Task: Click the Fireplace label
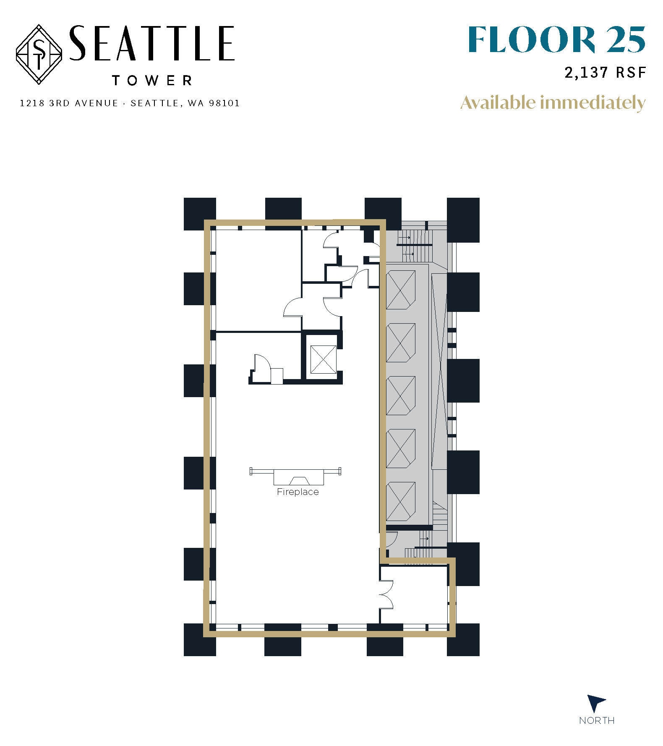298,492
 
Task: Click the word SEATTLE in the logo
151,43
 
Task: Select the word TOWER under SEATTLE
152,80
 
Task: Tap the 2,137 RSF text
605,73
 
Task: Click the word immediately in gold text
592,102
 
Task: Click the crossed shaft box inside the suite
323,359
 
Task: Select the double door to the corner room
385,594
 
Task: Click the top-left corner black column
200,214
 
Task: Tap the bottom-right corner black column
463,639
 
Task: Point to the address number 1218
32,103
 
